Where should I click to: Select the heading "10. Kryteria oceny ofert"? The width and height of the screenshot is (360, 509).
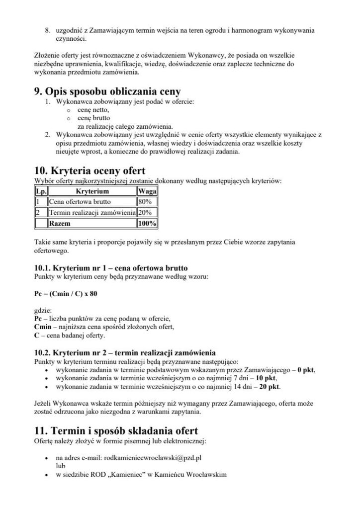pos(88,170)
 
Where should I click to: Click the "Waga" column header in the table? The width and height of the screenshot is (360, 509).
pos(147,191)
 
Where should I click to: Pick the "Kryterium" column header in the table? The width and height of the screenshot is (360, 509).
pos(92,191)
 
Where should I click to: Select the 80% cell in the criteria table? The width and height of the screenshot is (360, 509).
pos(145,202)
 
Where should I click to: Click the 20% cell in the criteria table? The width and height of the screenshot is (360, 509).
pos(145,213)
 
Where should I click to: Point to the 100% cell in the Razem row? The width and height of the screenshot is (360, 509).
pos(147,224)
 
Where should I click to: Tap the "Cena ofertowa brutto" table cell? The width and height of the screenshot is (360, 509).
pos(80,202)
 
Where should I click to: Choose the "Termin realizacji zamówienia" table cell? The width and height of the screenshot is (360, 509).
pos(92,213)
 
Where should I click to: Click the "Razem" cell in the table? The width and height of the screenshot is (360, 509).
pos(60,224)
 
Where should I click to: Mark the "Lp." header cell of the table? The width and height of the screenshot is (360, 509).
pos(40,191)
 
